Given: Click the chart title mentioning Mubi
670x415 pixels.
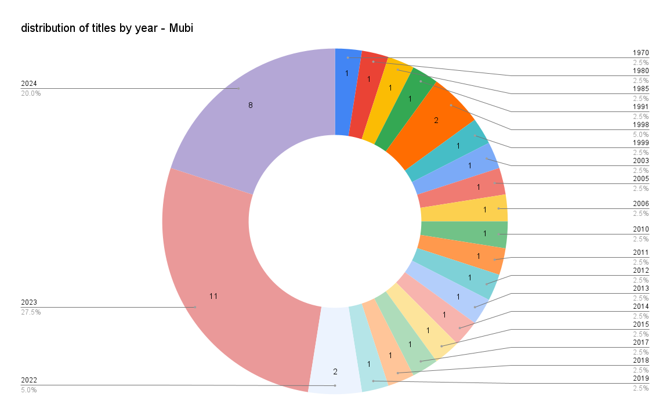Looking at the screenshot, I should (107, 28).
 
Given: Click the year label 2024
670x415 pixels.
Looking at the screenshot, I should (29, 84).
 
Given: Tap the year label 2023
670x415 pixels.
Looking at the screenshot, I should (29, 302).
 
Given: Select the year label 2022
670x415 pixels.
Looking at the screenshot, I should (29, 380).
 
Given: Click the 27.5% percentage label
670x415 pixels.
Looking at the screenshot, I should (31, 312).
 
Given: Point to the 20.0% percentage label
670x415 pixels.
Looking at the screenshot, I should (31, 93).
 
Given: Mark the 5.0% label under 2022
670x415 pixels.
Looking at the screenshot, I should (29, 390).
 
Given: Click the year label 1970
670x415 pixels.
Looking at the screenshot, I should (640, 53).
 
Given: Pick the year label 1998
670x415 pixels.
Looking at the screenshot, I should (640, 125).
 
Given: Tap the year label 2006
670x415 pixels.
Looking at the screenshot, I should (640, 204).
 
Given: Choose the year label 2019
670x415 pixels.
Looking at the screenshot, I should (640, 378).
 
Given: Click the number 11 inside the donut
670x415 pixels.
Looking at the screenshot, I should (213, 296).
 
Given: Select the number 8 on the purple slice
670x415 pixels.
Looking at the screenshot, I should (251, 105).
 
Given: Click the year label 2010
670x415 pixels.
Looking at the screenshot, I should (640, 229).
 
